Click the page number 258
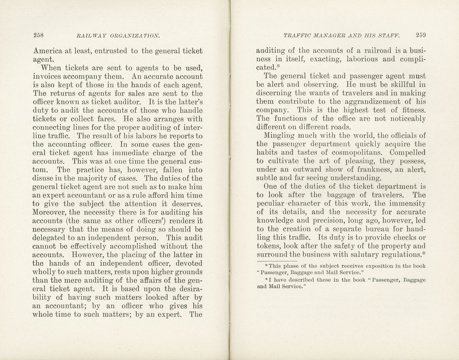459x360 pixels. click(38, 35)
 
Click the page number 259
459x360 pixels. click(420, 35)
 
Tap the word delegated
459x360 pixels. click(49, 238)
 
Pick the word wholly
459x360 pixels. click(44, 272)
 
